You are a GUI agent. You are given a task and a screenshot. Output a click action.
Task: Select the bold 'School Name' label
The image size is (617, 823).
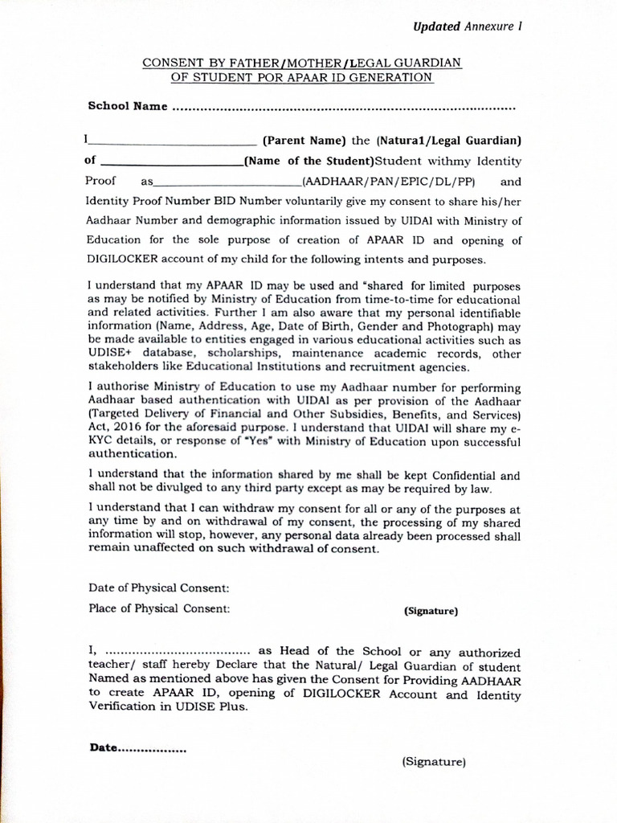click(127, 106)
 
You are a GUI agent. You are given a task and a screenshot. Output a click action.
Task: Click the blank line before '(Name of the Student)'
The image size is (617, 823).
click(171, 161)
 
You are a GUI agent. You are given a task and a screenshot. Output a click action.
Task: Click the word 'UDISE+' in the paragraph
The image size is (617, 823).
click(110, 352)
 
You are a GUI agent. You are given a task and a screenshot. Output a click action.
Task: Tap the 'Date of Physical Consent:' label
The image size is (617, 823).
click(159, 588)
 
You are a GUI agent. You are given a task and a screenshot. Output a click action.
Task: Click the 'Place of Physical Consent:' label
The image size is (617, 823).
click(159, 608)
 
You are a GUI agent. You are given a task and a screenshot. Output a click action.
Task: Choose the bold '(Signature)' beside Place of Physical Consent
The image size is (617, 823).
click(431, 612)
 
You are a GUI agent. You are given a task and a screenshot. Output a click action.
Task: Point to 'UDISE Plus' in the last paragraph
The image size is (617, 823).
click(219, 707)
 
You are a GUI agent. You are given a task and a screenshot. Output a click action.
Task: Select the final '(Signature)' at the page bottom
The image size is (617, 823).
click(434, 761)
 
